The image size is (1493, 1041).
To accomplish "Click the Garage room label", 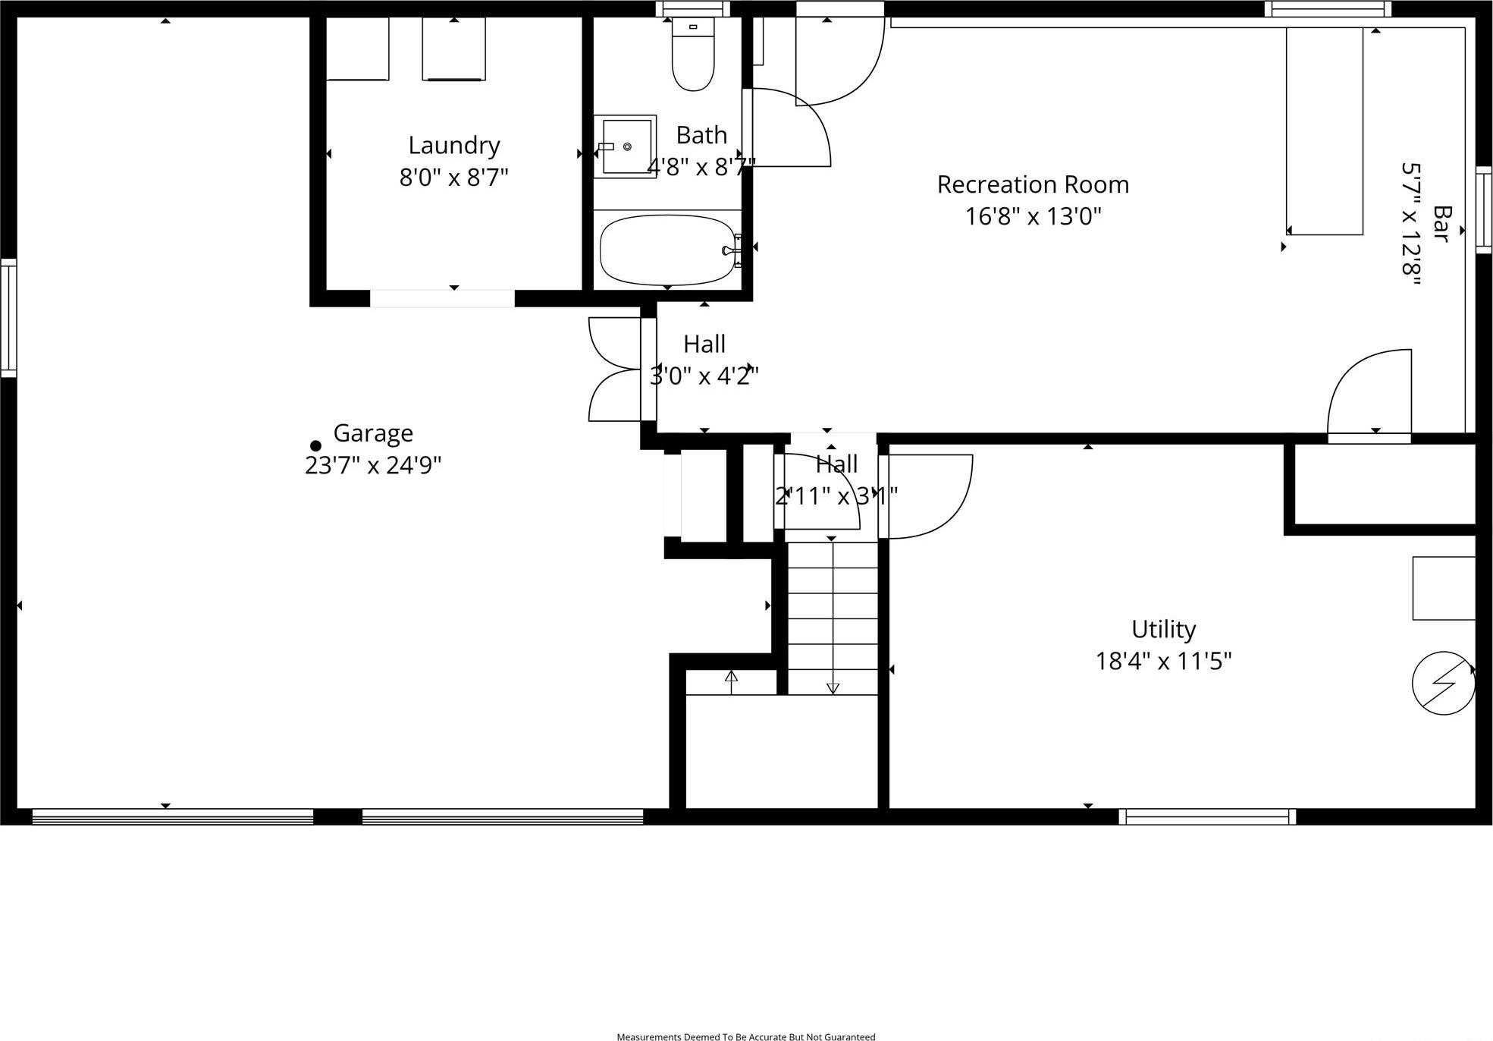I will pyautogui.click(x=373, y=433).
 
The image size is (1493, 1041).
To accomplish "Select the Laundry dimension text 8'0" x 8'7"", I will pyautogui.click(x=453, y=178).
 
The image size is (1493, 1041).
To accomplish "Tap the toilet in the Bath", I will pyautogui.click(x=693, y=58).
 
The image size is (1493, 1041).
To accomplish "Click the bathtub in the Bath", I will pyautogui.click(x=667, y=250).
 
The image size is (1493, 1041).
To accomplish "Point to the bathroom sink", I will pyautogui.click(x=625, y=146).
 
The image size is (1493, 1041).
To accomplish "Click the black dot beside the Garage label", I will pyautogui.click(x=315, y=446).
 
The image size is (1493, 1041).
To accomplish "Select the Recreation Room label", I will pyautogui.click(x=1033, y=184).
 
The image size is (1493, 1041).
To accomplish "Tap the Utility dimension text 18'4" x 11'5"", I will pyautogui.click(x=1163, y=662).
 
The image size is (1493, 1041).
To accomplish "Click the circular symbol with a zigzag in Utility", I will pyautogui.click(x=1443, y=683).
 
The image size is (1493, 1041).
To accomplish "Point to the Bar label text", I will pyautogui.click(x=1441, y=224).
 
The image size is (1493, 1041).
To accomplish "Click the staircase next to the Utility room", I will pyautogui.click(x=833, y=618).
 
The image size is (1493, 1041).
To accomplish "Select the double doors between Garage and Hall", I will pyautogui.click(x=616, y=370).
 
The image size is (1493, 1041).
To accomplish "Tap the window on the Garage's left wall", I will pyautogui.click(x=8, y=317).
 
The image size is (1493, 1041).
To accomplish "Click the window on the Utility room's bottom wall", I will pyautogui.click(x=1207, y=816).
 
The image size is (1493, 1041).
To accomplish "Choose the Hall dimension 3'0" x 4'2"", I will pyautogui.click(x=704, y=376).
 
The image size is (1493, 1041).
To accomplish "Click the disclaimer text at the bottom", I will pyautogui.click(x=746, y=1036).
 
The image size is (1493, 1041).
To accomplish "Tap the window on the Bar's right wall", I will pyautogui.click(x=1484, y=209).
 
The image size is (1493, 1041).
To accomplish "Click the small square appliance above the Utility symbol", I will pyautogui.click(x=1443, y=588).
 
